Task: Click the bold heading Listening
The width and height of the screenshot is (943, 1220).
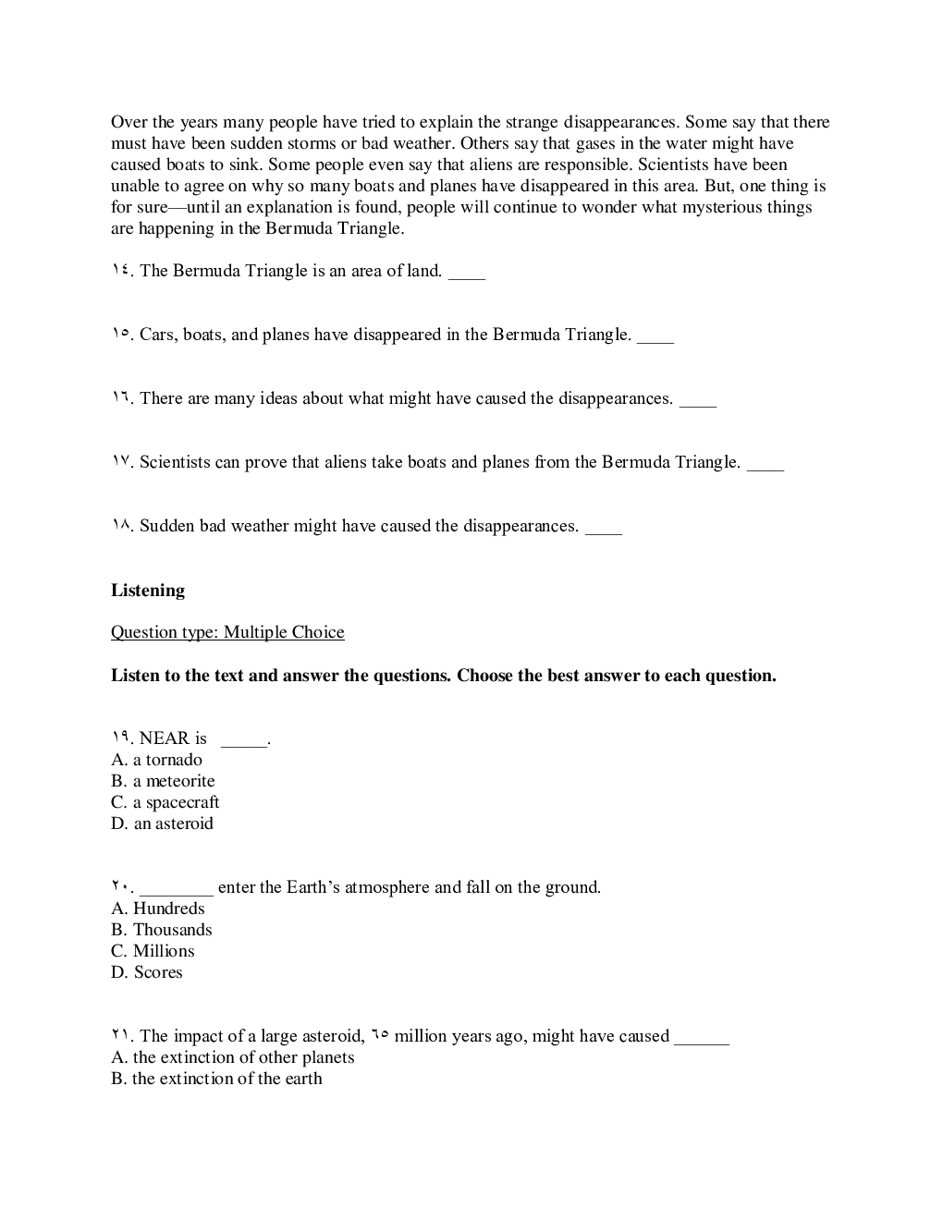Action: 148,591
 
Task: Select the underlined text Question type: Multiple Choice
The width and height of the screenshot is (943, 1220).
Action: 227,632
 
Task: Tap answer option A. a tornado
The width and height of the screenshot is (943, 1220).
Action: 156,760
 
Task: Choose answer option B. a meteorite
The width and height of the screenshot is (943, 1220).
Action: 163,781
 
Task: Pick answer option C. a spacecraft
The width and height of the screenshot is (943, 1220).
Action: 165,802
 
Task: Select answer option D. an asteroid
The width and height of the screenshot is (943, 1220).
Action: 162,823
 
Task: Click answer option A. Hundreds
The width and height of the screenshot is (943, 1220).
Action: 158,909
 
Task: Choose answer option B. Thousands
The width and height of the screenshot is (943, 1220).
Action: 162,930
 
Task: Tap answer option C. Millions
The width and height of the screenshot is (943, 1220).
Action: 153,951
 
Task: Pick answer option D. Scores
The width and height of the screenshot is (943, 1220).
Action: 147,972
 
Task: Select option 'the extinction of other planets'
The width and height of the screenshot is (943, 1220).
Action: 233,1057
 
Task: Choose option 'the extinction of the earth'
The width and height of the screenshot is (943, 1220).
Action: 217,1079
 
